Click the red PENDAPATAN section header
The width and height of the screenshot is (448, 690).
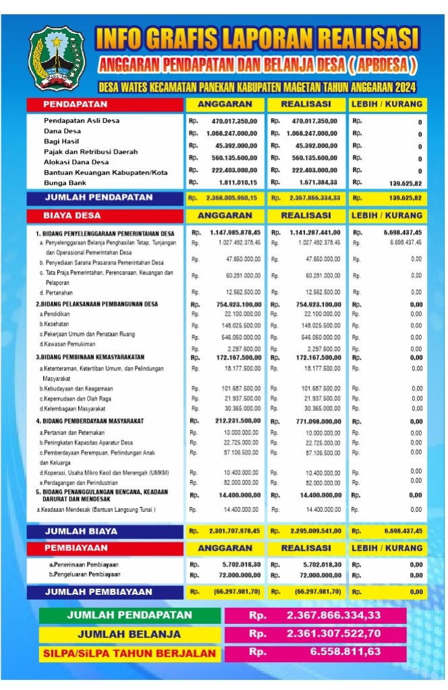104,105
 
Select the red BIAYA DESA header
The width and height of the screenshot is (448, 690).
104,215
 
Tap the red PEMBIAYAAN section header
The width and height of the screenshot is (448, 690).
104,548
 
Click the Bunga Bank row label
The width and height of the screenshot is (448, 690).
65,183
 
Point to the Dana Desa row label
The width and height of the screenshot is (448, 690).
63,131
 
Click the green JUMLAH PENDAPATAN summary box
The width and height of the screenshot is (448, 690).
129,615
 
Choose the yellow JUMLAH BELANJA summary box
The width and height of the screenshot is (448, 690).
129,634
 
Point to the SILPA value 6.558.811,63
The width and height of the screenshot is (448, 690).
346,652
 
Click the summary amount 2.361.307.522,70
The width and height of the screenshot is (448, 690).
333,634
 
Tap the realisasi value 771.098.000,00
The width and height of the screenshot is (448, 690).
311,421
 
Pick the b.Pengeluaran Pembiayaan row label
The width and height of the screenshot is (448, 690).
84,574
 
